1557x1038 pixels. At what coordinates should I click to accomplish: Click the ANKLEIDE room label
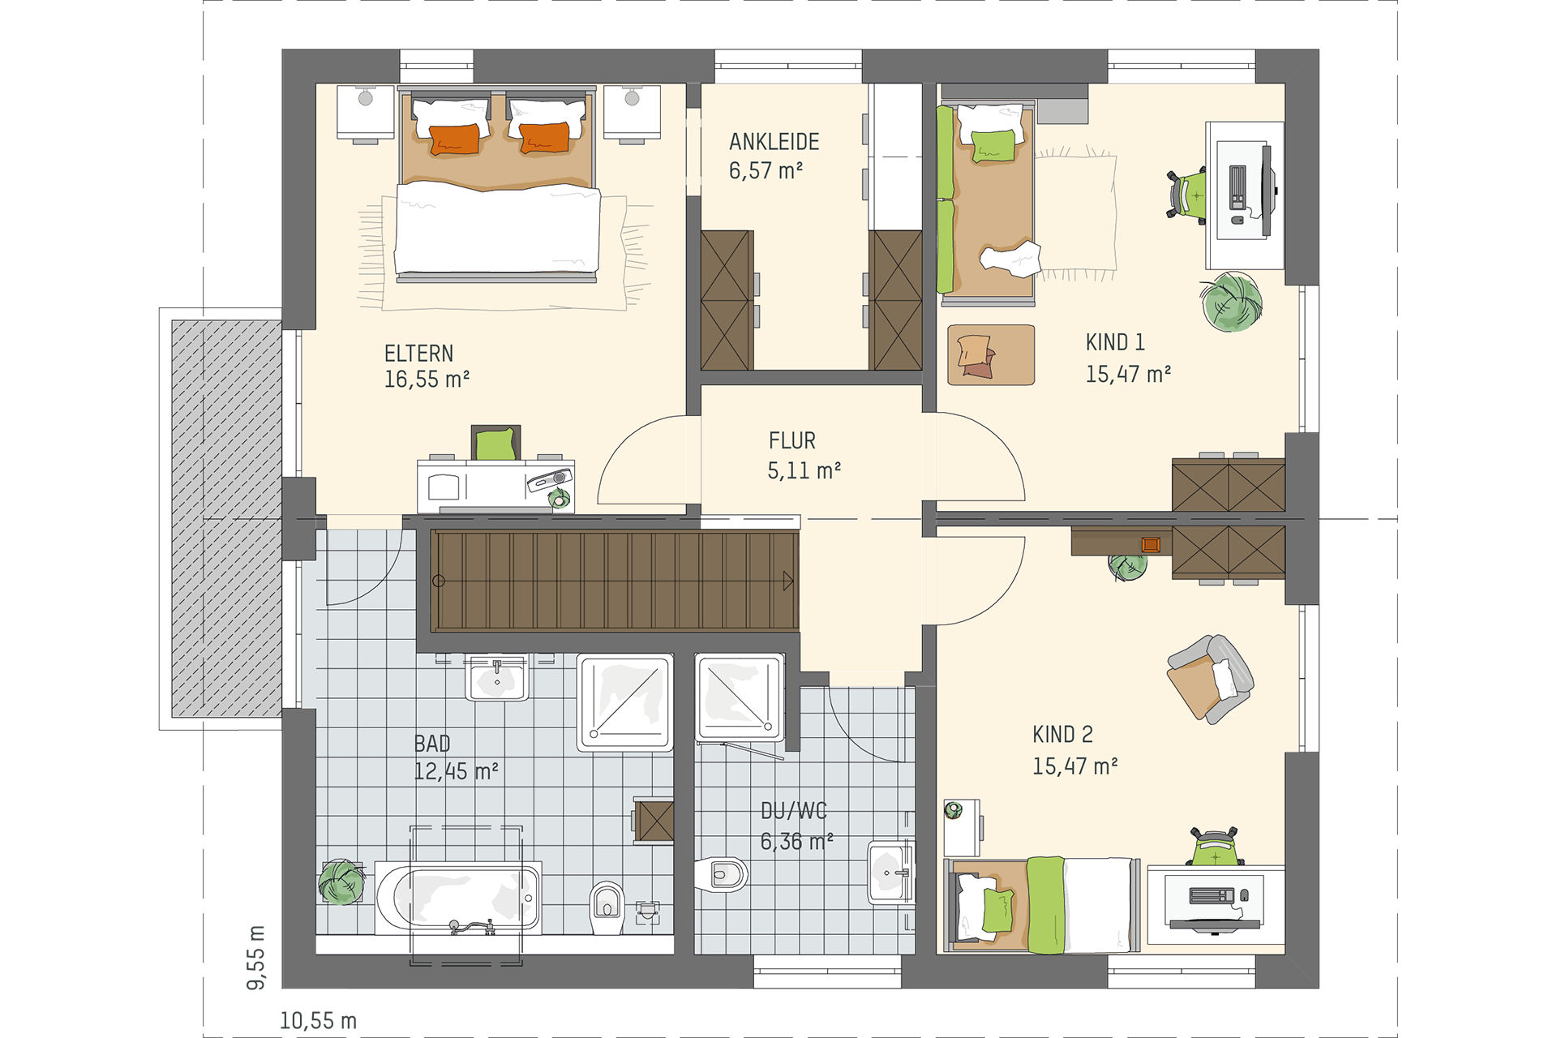click(774, 142)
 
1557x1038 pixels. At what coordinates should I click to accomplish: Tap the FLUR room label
click(791, 441)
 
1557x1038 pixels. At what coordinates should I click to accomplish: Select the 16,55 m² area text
click(427, 380)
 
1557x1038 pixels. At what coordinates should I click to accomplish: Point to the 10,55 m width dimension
click(318, 1021)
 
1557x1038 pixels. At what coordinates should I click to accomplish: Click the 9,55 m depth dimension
click(255, 957)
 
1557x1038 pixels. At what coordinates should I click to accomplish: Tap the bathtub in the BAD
click(458, 899)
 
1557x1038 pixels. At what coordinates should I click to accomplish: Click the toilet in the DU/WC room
click(722, 874)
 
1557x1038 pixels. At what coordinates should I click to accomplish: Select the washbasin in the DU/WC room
click(891, 873)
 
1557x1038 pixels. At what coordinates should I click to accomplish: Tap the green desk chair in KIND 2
click(1215, 847)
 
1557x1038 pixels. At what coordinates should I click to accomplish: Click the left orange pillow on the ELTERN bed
click(454, 139)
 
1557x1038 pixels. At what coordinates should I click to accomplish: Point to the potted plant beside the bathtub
click(341, 882)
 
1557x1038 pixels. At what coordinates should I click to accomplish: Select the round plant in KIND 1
click(1231, 302)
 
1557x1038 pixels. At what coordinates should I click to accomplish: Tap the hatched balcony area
click(226, 519)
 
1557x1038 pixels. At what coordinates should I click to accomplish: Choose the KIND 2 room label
click(1062, 735)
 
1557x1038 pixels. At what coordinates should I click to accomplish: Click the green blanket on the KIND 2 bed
click(1046, 905)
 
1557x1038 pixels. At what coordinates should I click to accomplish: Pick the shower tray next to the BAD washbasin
click(625, 702)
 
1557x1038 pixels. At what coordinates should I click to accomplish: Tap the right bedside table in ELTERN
click(632, 113)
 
